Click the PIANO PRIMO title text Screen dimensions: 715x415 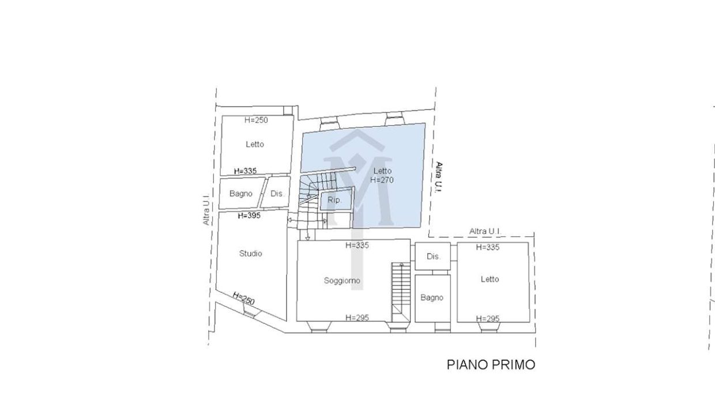tap(491, 365)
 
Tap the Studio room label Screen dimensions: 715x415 tap(251, 254)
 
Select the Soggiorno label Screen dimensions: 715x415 tap(342, 281)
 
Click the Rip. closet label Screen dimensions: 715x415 tap(334, 201)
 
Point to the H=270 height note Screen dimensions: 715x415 tap(382, 180)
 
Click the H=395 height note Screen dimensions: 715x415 tap(249, 216)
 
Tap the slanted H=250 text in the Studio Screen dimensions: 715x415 tap(243, 298)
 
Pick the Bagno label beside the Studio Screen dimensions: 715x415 tap(240, 194)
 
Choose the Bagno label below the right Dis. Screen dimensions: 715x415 tap(431, 297)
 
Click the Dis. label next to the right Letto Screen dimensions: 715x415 tap(434, 256)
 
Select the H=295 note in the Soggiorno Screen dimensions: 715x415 tap(357, 318)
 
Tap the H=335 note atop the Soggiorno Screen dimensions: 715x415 tap(357, 246)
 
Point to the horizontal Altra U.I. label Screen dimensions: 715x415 tap(485, 231)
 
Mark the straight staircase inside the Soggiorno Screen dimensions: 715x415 tap(401, 292)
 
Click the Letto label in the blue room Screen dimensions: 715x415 tap(382, 171)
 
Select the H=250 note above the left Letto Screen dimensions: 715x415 tap(256, 120)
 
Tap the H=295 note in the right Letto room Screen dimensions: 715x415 tap(488, 319)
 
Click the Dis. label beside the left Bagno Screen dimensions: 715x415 tap(277, 194)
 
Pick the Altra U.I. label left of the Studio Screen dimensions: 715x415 tap(206, 210)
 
